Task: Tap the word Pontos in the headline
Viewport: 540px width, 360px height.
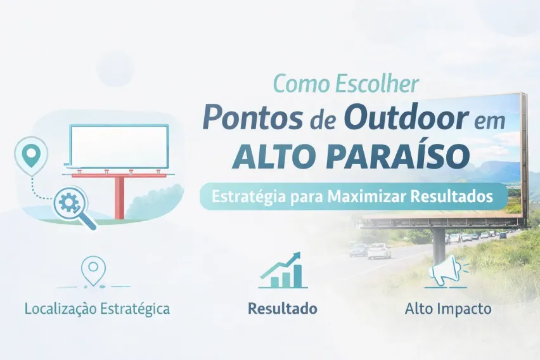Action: pyautogui.click(x=252, y=118)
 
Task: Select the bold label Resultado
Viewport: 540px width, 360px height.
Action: pyautogui.click(x=283, y=308)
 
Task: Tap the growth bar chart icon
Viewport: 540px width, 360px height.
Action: pyautogui.click(x=283, y=271)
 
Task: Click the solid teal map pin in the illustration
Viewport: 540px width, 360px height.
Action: pyautogui.click(x=31, y=156)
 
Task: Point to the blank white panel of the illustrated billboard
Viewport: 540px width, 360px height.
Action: pyautogui.click(x=119, y=146)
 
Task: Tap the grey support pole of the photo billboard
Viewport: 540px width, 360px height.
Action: pyautogui.click(x=439, y=245)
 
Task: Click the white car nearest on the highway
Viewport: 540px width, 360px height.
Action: pyautogui.click(x=380, y=251)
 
